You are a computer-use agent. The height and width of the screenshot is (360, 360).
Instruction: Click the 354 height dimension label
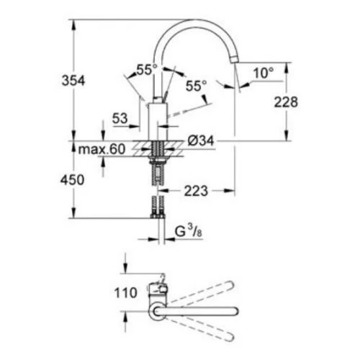pyautogui.click(x=73, y=81)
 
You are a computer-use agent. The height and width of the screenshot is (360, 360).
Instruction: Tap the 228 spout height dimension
pyautogui.click(x=286, y=102)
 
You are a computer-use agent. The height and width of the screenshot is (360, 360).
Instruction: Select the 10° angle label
pyautogui.click(x=264, y=73)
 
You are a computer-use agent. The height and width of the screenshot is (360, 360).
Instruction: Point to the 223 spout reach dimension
pyautogui.click(x=196, y=191)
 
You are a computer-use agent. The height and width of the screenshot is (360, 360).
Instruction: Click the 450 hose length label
pyautogui.click(x=72, y=180)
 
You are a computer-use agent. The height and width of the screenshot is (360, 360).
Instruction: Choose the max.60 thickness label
pyautogui.click(x=102, y=149)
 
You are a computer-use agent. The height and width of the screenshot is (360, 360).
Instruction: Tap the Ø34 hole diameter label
pyautogui.click(x=201, y=140)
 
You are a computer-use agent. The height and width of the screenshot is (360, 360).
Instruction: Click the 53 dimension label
pyautogui.click(x=120, y=118)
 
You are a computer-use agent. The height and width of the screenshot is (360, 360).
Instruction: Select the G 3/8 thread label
pyautogui.click(x=188, y=231)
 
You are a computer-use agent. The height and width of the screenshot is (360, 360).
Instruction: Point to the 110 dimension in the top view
pyautogui.click(x=125, y=293)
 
